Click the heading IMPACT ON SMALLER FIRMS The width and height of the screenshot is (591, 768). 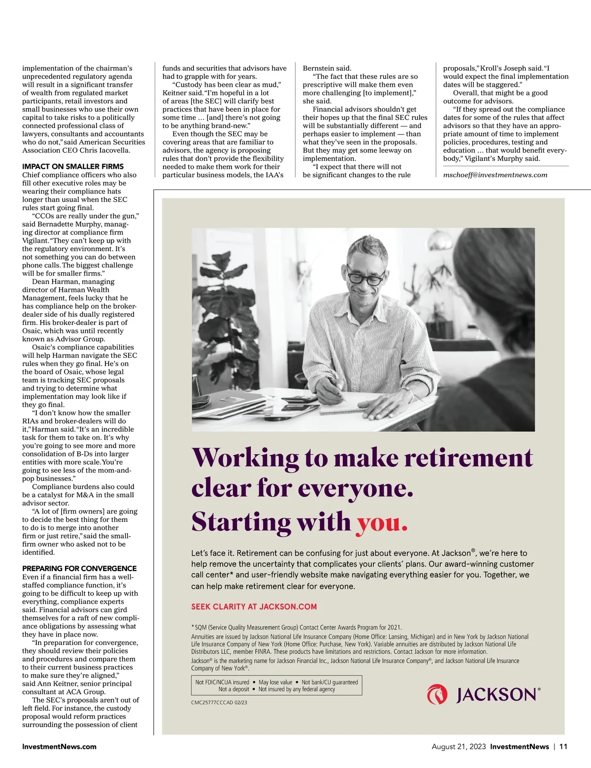pyautogui.click(x=73, y=166)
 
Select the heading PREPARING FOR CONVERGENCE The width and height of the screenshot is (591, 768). pyautogui.click(x=79, y=568)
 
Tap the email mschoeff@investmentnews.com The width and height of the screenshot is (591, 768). pyautogui.click(x=495, y=175)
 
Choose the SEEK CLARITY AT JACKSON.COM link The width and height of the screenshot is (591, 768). pyautogui.click(x=254, y=607)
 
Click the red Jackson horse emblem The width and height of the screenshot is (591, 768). pyautogui.click(x=437, y=695)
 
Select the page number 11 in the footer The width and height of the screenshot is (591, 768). pyautogui.click(x=563, y=746)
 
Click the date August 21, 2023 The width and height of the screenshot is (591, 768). pyautogui.click(x=459, y=746)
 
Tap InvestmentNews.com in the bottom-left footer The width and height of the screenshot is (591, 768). pyautogui.click(x=59, y=746)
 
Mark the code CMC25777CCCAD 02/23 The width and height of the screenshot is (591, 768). pyautogui.click(x=219, y=703)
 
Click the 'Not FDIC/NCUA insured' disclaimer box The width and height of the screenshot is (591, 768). pyautogui.click(x=276, y=685)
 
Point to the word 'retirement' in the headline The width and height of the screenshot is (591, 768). pyautogui.click(x=468, y=458)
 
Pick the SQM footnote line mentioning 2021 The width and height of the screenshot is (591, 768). pyautogui.click(x=297, y=627)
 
